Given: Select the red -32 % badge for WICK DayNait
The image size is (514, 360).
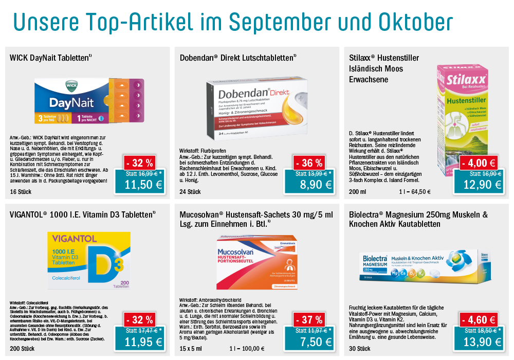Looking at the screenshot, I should pyautogui.click(x=140, y=163).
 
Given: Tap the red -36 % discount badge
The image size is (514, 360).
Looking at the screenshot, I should pyautogui.click(x=309, y=163).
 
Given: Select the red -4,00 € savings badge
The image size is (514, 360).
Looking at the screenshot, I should pyautogui.click(x=479, y=163).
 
